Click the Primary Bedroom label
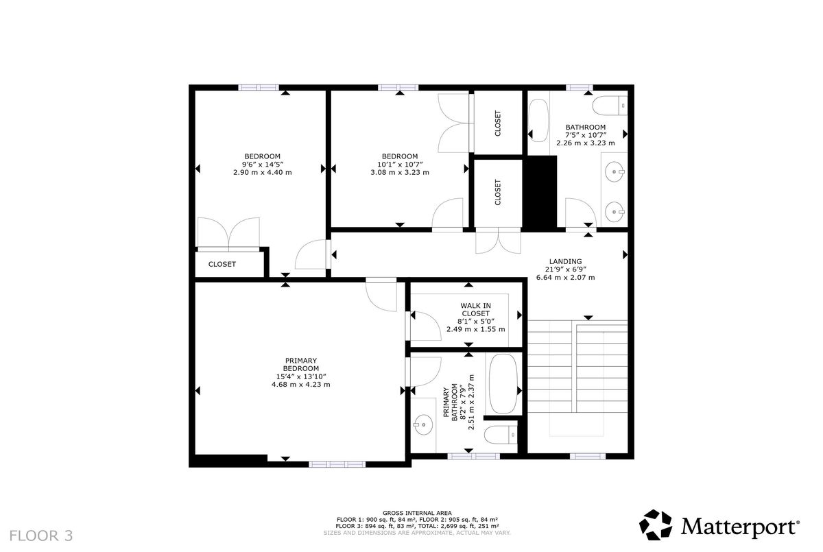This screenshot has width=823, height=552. coord(301,364)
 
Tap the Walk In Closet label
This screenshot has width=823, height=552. coord(476,309)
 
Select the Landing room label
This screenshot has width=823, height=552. coord(565,261)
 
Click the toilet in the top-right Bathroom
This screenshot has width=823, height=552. coord(610,106)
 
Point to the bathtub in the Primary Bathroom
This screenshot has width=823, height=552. coord(503,383)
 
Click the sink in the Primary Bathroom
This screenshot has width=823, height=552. coord(423,425)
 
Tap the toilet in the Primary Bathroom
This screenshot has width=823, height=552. coord(501,435)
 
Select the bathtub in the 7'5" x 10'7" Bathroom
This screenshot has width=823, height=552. coord(538,121)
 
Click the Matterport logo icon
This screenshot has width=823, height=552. coord(656,525)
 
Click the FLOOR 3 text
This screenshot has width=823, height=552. coord(40,536)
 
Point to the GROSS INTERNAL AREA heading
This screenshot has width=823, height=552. coord(417,513)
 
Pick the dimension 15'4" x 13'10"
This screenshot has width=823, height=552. coord(301,376)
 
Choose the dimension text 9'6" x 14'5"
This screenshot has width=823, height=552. coord(262,164)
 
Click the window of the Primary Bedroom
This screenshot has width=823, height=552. coord(337,464)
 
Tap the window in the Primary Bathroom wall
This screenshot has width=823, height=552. coord(474,456)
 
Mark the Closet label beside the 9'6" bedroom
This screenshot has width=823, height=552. coord(222,264)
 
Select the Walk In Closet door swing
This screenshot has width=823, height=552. coord(425,326)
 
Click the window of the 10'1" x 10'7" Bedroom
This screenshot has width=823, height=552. coord(398,87)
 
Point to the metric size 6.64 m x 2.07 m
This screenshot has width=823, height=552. coord(565,277)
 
